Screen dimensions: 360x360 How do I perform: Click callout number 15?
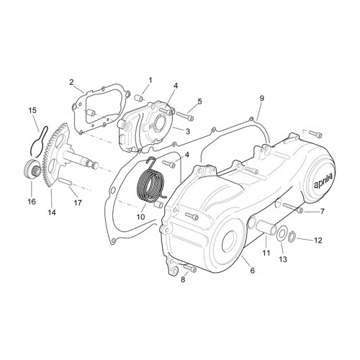[32, 110]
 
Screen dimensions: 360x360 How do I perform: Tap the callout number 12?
[318, 240]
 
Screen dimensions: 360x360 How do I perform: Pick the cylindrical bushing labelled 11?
[267, 228]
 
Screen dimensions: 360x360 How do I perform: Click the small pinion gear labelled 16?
[32, 167]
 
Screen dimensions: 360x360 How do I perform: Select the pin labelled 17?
[65, 181]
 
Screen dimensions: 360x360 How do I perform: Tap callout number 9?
[261, 98]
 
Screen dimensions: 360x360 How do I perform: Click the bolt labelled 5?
[185, 116]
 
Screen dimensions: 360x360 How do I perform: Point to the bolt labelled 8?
[190, 268]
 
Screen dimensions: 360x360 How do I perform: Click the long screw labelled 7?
[292, 207]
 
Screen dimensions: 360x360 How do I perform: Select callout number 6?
[252, 271]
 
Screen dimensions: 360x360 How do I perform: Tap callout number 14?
[52, 212]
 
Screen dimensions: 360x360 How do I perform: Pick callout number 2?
[71, 82]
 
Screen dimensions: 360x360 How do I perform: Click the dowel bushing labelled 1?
[138, 98]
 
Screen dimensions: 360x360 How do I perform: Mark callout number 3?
[187, 131]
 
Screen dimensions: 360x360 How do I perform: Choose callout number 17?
[78, 203]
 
